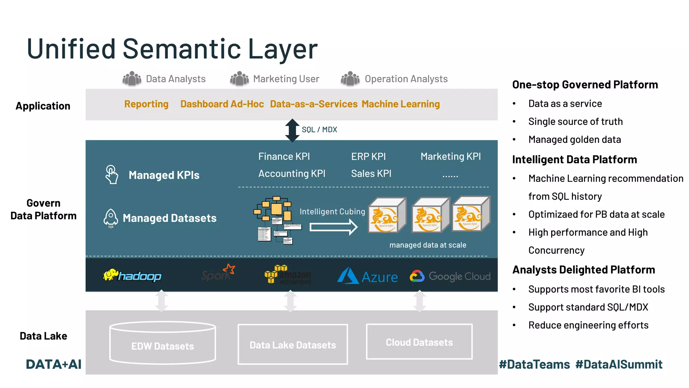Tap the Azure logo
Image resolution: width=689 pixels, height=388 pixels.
coord(367,276)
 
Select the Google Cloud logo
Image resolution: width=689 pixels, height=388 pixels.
coord(450,276)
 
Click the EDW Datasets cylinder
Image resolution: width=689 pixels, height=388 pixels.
coord(162,343)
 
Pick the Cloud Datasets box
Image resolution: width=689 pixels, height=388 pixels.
coord(419,342)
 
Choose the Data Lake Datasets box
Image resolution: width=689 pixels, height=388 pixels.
coord(293,345)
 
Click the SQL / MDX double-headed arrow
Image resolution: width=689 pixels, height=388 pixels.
coord(292,130)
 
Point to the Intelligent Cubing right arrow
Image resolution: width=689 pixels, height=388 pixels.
coord(333,227)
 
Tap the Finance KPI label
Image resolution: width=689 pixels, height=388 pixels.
coord(284,156)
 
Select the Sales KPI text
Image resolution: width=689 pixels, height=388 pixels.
coord(371,173)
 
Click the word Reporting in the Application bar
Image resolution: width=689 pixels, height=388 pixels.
coord(146,104)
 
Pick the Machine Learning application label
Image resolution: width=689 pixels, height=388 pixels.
coord(401,104)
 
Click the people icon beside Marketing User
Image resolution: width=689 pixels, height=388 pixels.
coord(239,78)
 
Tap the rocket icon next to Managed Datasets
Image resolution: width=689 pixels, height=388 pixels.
coord(111,218)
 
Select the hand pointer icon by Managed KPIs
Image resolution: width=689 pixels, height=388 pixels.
coord(112,174)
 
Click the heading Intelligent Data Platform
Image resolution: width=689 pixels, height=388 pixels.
coord(574,160)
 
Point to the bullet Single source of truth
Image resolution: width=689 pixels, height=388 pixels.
coord(575,122)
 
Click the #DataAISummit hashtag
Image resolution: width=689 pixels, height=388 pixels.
coord(619,364)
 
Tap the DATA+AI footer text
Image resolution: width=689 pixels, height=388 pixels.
coord(53,364)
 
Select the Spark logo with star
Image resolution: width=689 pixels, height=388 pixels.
coord(218,273)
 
